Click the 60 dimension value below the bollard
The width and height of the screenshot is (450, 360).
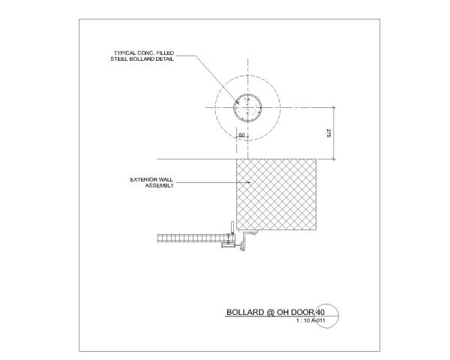coord(241,135)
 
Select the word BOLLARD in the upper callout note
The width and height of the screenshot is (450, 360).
coord(142,58)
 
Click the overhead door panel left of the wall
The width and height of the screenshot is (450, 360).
coord(191,238)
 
